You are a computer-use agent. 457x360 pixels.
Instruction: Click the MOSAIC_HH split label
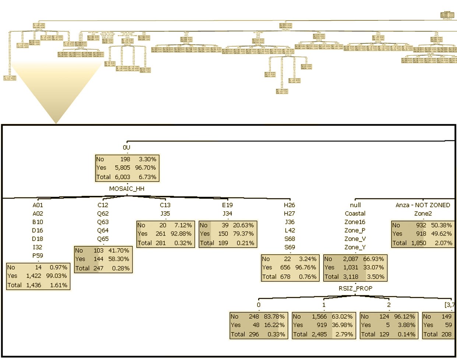click(127, 188)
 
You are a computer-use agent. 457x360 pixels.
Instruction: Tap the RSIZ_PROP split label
click(355, 288)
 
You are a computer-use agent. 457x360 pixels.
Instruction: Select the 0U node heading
click(127, 147)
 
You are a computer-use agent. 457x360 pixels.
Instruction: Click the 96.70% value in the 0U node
click(147, 167)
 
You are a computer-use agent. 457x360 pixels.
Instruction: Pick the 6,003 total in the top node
click(122, 177)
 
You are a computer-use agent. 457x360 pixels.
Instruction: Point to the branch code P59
click(38, 255)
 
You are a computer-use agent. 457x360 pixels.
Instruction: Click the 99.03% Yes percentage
click(57, 276)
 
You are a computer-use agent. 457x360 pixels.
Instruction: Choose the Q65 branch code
click(103, 239)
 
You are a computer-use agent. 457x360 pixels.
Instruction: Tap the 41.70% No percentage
click(119, 250)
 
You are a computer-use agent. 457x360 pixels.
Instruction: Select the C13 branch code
click(165, 205)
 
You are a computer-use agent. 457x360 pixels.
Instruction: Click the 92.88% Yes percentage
click(183, 233)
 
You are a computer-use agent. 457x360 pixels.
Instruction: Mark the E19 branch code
click(227, 205)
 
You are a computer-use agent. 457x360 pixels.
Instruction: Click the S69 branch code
click(290, 247)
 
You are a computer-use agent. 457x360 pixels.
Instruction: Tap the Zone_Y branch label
click(355, 247)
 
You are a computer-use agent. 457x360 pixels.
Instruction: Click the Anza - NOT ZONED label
click(423, 205)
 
